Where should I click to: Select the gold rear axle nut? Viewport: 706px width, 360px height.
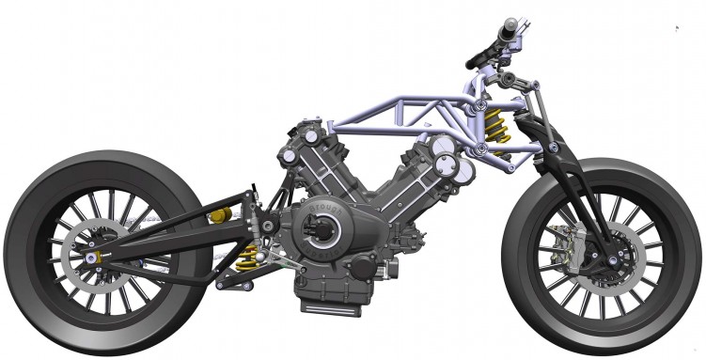tap(94, 255)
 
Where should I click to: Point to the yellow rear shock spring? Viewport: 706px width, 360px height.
tap(250, 255)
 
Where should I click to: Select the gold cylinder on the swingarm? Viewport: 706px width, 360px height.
tap(219, 219)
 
